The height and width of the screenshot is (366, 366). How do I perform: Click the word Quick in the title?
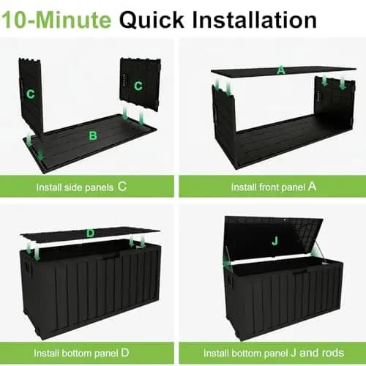(x=152, y=20)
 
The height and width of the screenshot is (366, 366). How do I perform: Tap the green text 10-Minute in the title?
(x=56, y=20)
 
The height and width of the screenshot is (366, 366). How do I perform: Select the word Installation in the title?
(x=255, y=20)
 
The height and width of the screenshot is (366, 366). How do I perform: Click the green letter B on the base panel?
(x=93, y=135)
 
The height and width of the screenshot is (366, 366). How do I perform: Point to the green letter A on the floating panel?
(x=281, y=70)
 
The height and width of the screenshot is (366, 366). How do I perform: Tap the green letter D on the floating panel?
(x=90, y=234)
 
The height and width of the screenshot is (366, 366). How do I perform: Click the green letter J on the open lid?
(x=275, y=242)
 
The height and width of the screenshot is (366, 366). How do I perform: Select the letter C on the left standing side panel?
(x=30, y=94)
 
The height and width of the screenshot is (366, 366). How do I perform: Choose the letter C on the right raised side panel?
(x=138, y=86)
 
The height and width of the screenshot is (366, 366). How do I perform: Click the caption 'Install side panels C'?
(x=81, y=187)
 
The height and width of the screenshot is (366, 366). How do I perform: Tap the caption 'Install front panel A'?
(x=274, y=187)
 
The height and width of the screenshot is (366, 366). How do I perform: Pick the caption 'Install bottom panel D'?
(x=81, y=353)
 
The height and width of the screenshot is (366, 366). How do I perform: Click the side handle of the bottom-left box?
(x=27, y=268)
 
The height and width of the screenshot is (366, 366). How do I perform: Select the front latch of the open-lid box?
(x=300, y=272)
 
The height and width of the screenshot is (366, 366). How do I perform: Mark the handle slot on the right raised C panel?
(x=124, y=79)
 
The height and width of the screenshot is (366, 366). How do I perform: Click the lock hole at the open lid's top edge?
(x=285, y=220)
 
